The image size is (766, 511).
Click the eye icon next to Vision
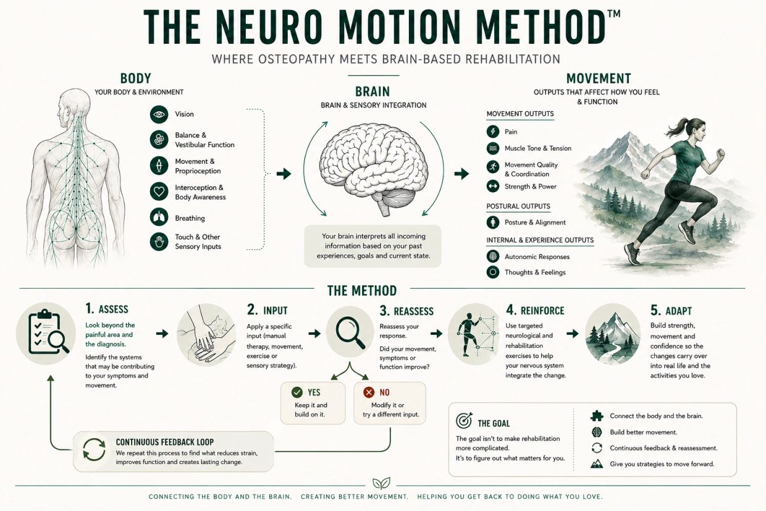pos(159,114)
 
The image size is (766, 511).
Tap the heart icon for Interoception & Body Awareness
pos(159,192)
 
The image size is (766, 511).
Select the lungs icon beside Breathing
pos(159,217)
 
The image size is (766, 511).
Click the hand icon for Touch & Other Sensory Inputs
pos(159,242)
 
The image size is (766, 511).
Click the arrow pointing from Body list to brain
pos(284,174)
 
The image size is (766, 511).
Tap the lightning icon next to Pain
pos(493,132)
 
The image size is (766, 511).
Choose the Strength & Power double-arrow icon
pos(493,187)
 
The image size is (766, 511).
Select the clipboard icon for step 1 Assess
pos(46,334)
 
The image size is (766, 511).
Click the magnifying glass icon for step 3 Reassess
pos(350,332)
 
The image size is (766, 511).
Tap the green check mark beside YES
pos(297,392)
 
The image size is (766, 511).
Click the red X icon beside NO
pos(369,392)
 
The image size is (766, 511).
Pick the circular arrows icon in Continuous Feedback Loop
pos(94,449)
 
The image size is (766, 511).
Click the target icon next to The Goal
pos(464,420)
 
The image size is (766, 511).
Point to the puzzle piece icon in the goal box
pos(597,416)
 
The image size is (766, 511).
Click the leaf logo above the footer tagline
pos(381,483)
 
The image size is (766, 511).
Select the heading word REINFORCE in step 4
pos(542,311)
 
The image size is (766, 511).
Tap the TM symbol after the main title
pos(613,14)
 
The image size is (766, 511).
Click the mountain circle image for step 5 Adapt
pos(613,334)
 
